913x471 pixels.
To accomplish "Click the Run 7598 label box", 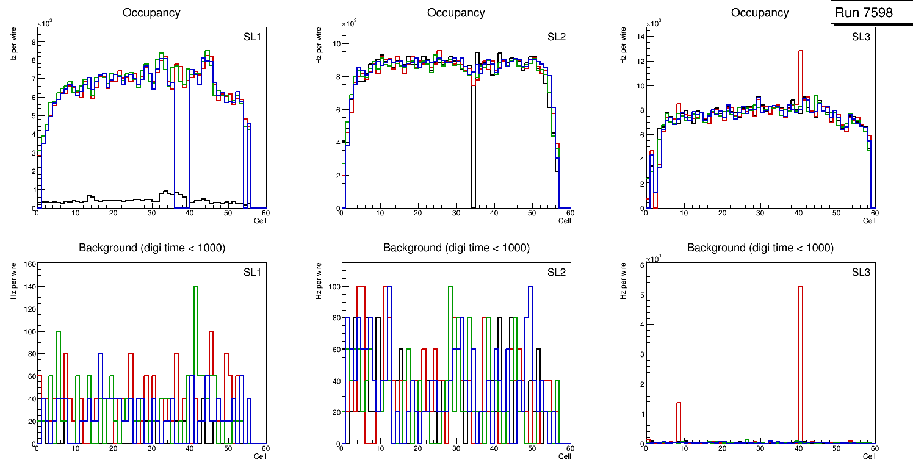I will click(864, 12).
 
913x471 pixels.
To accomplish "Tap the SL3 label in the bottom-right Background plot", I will click(861, 272).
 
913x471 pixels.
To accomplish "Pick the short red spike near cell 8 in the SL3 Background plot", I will click(679, 421).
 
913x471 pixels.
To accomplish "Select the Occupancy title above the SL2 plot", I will click(456, 13).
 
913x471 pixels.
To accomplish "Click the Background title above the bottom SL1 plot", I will click(151, 248).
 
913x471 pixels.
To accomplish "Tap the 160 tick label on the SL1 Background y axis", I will click(28, 264).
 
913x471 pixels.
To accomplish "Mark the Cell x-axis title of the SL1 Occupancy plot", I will click(260, 220).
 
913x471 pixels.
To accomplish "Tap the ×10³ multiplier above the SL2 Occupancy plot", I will click(349, 24).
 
